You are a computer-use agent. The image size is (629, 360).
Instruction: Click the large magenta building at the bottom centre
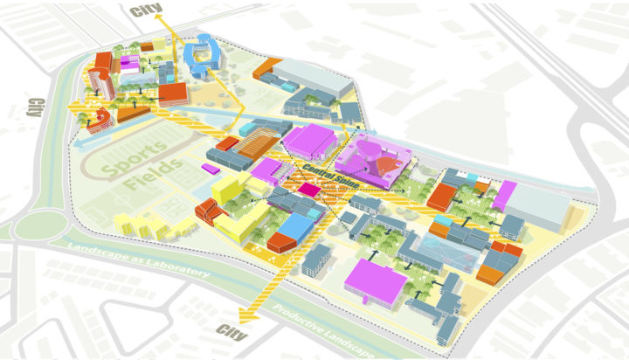coord(377,280)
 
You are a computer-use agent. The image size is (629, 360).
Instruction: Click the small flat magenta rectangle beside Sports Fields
coord(211,165)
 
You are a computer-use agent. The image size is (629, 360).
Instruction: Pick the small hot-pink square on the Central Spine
coord(308,188)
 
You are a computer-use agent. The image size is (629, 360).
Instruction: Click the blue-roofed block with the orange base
coord(288,232)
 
